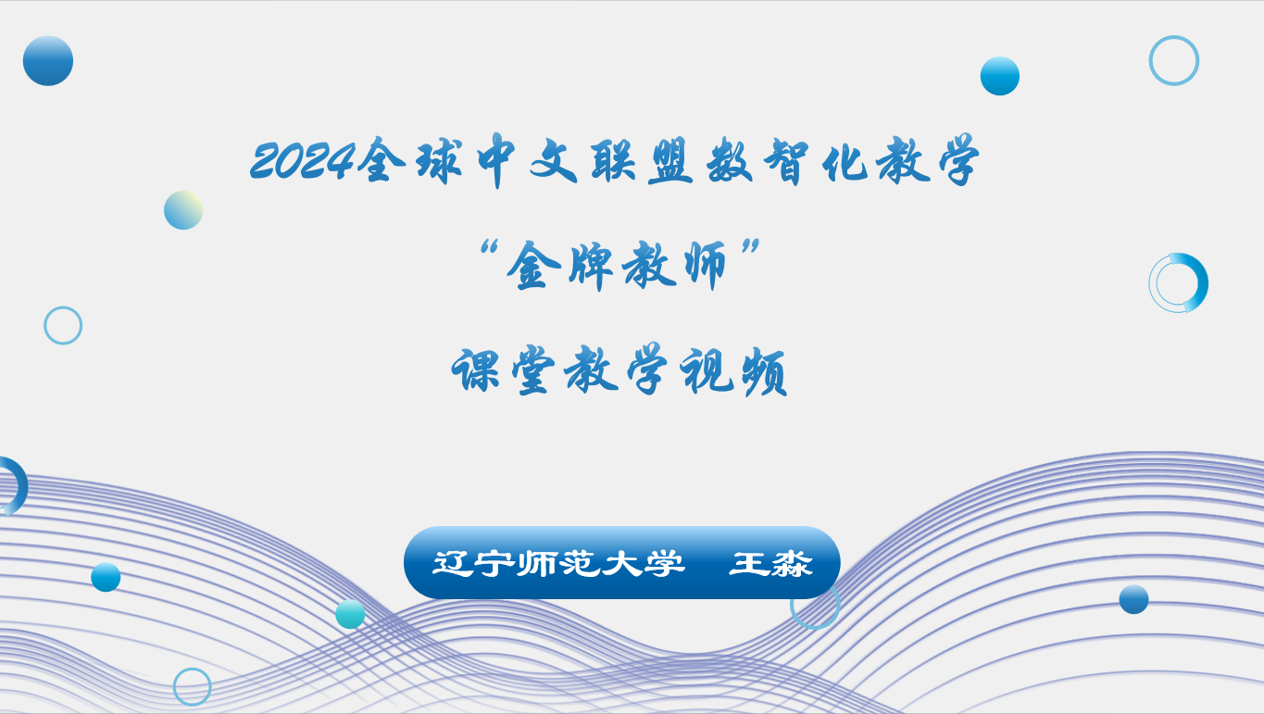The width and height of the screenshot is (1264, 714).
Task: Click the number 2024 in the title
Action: coord(303,161)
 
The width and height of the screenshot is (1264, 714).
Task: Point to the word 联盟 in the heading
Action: coord(642,161)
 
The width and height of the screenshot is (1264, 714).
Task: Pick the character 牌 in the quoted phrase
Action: coord(591,265)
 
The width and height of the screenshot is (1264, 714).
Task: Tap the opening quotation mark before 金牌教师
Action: coord(489,247)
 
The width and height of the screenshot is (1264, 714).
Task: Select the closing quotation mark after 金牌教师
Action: coord(751,247)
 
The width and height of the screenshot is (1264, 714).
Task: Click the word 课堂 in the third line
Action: coord(503,370)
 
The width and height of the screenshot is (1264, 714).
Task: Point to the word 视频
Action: coord(733,371)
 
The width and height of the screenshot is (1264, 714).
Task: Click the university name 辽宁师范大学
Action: coord(558,563)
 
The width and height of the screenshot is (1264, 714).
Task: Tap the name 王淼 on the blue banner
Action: coord(770,563)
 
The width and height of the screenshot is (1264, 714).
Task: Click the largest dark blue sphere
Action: coord(48,61)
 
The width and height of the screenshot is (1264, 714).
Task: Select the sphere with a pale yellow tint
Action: coord(183,210)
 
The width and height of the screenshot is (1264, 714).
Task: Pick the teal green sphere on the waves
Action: coord(350,614)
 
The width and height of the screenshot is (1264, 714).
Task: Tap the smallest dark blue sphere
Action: coord(1133,599)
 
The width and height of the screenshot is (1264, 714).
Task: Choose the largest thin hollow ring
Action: coord(1150,60)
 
